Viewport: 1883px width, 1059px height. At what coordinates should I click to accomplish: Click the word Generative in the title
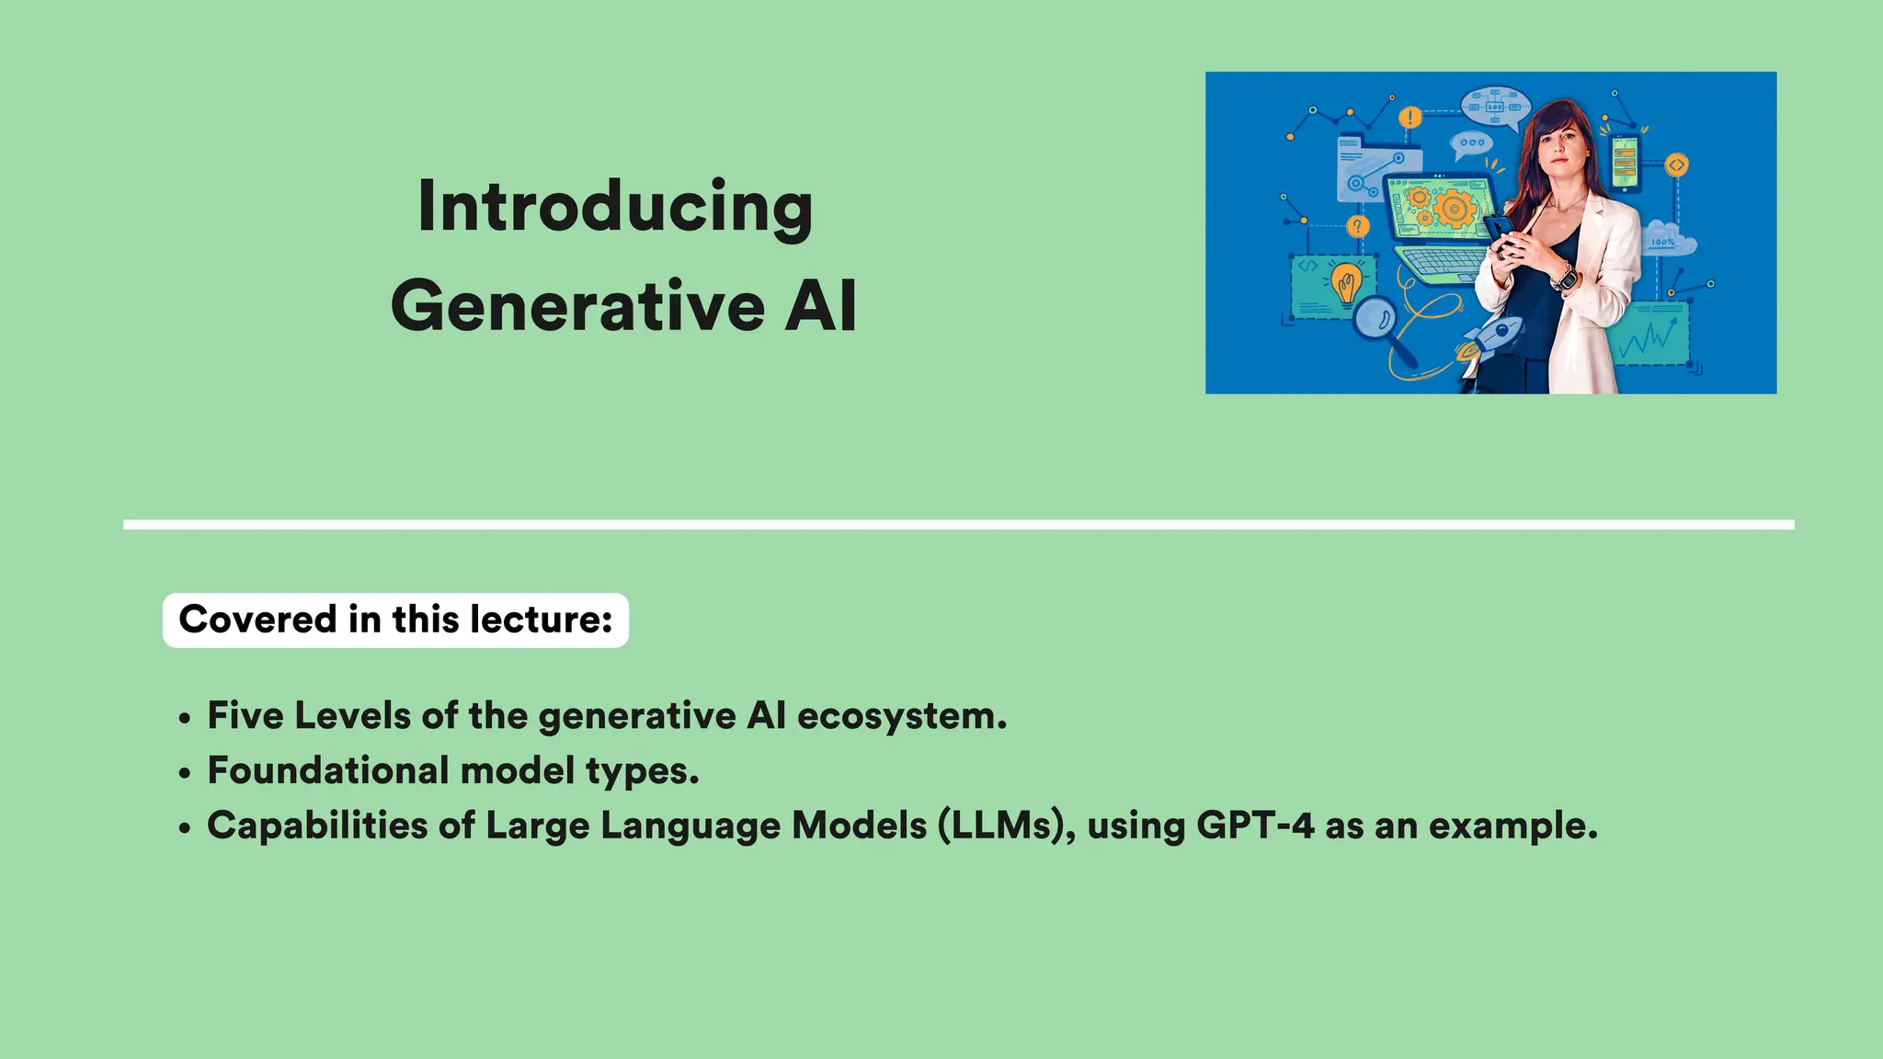pyautogui.click(x=577, y=306)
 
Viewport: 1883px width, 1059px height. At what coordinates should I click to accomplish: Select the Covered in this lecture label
pyautogui.click(x=395, y=620)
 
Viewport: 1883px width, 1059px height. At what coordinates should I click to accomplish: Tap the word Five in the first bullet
pyautogui.click(x=245, y=716)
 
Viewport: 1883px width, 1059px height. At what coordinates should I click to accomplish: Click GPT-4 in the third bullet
pyautogui.click(x=1254, y=826)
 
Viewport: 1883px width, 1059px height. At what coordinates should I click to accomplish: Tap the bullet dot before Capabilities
pyautogui.click(x=186, y=827)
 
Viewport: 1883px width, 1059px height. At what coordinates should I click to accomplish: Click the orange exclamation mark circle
pyautogui.click(x=1409, y=118)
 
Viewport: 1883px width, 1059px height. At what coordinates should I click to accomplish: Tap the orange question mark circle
pyautogui.click(x=1357, y=226)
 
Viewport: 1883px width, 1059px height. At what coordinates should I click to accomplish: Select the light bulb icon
pyautogui.click(x=1347, y=283)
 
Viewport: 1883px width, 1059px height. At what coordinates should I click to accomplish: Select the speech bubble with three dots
pyautogui.click(x=1471, y=143)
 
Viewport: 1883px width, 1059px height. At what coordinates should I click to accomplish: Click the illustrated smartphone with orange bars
pyautogui.click(x=1625, y=165)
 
